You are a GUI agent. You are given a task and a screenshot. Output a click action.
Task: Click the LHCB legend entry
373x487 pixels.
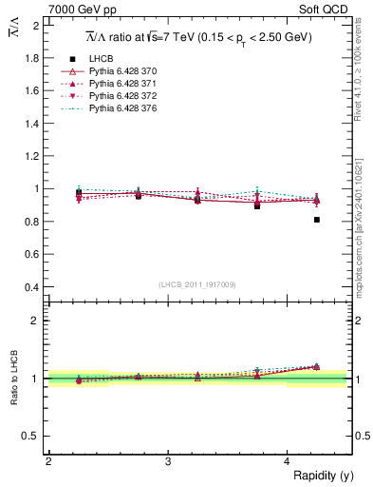pos(100,59)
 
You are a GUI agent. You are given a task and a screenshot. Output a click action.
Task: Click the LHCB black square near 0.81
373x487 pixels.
pos(317,220)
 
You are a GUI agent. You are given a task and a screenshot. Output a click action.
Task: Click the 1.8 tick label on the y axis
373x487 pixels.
pos(31,58)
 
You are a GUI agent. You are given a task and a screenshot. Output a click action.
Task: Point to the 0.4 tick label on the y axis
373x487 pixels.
pos(31,287)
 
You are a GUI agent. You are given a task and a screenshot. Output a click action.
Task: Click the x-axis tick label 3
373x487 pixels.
pos(167,461)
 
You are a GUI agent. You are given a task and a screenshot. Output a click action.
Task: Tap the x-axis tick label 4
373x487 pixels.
pos(287,461)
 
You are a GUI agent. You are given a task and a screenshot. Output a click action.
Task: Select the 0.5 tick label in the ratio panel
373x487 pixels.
pos(31,436)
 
